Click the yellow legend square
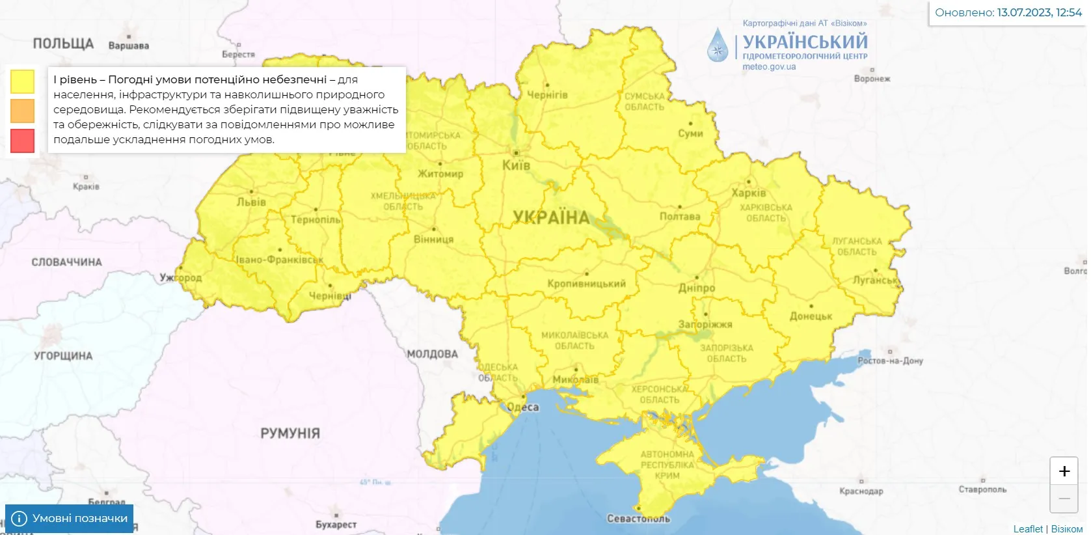(22, 81)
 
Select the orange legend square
(22, 111)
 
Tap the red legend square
(22, 141)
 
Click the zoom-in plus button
(1064, 471)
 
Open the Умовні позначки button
(70, 518)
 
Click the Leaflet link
(1027, 528)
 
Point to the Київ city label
(516, 165)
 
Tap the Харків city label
(748, 193)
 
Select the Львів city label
(251, 202)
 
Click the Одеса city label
(523, 407)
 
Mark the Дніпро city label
(696, 288)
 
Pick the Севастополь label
(638, 519)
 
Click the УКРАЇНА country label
(551, 217)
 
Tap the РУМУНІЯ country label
(290, 433)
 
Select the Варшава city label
(129, 46)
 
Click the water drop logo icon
(718, 45)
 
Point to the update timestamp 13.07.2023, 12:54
(1039, 12)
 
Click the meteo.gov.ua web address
(769, 67)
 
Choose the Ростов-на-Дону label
(890, 361)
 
